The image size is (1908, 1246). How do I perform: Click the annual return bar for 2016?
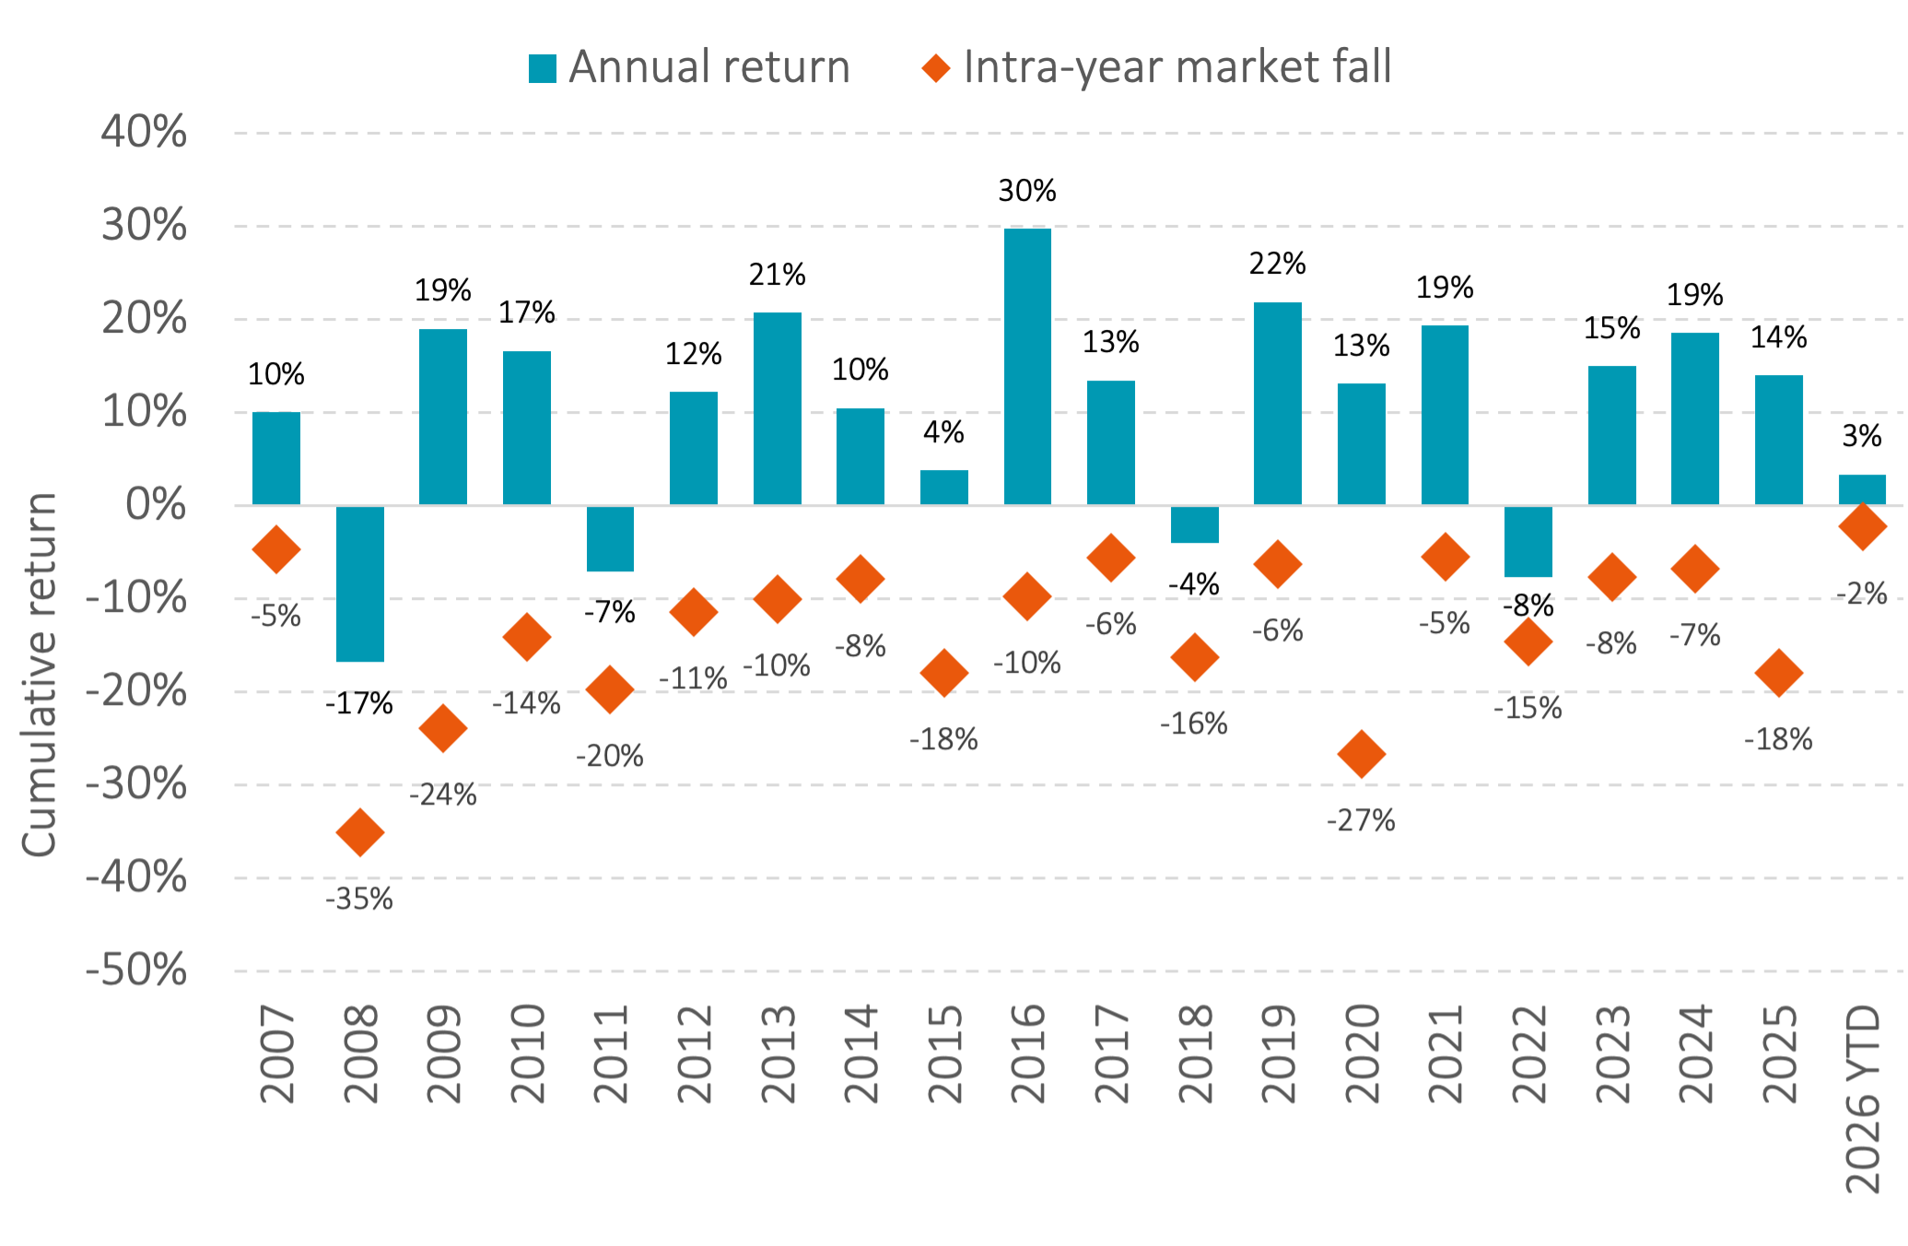pyautogui.click(x=1027, y=367)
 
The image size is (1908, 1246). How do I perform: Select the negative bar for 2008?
pyautogui.click(x=360, y=583)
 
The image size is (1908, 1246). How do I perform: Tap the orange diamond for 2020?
pyautogui.click(x=1361, y=754)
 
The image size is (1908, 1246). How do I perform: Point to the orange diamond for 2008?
pyautogui.click(x=360, y=832)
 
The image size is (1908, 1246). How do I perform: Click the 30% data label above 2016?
pyautogui.click(x=1027, y=191)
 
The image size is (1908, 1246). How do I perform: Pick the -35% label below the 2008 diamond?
pyautogui.click(x=359, y=899)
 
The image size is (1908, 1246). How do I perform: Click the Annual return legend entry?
pyautogui.click(x=689, y=67)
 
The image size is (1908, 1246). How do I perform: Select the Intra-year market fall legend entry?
pyautogui.click(x=1157, y=67)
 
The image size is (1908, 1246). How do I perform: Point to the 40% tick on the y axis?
pyautogui.click(x=144, y=132)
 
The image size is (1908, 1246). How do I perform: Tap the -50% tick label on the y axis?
pyautogui.click(x=136, y=970)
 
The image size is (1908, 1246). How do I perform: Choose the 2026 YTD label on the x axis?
pyautogui.click(x=1862, y=1099)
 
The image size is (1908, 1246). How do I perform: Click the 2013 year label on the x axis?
pyautogui.click(x=778, y=1054)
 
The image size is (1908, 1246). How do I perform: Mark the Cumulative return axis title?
pyautogui.click(x=40, y=675)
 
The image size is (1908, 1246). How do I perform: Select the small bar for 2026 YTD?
pyautogui.click(x=1862, y=489)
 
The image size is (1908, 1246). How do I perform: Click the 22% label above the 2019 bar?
pyautogui.click(x=1277, y=264)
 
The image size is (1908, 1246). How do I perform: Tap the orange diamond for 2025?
pyautogui.click(x=1778, y=672)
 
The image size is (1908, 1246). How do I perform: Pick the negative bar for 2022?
pyautogui.click(x=1528, y=541)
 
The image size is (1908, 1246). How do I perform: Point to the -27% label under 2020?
pyautogui.click(x=1361, y=820)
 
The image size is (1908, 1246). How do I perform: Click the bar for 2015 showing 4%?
pyautogui.click(x=943, y=487)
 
